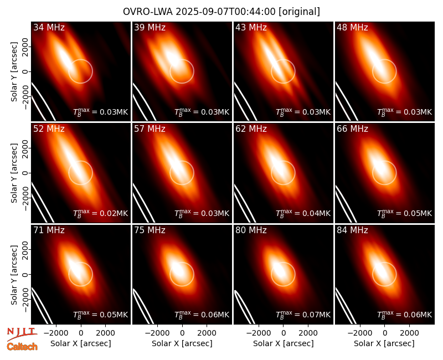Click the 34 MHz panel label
(49, 27)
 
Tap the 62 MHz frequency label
(251, 129)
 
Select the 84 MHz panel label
(352, 230)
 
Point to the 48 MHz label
(352, 27)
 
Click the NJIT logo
(22, 333)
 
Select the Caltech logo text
(22, 347)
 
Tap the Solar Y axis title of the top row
(14, 72)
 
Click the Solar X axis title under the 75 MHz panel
(182, 343)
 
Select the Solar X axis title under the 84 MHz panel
(384, 343)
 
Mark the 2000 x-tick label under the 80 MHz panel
(308, 333)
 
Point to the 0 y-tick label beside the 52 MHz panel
(25, 173)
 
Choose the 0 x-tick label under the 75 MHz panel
(182, 333)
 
